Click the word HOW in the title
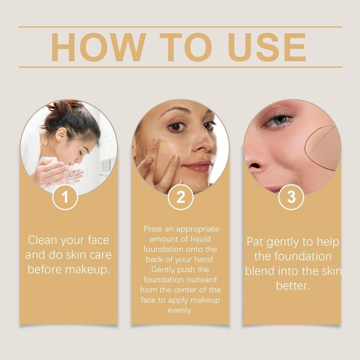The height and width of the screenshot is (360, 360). pyautogui.click(x=98, y=47)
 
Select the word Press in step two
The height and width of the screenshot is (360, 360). pyautogui.click(x=153, y=229)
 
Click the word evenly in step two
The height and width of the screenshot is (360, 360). pyautogui.click(x=180, y=310)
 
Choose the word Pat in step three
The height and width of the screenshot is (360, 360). pyautogui.click(x=255, y=242)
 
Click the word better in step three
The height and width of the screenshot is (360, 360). pyautogui.click(x=292, y=286)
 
